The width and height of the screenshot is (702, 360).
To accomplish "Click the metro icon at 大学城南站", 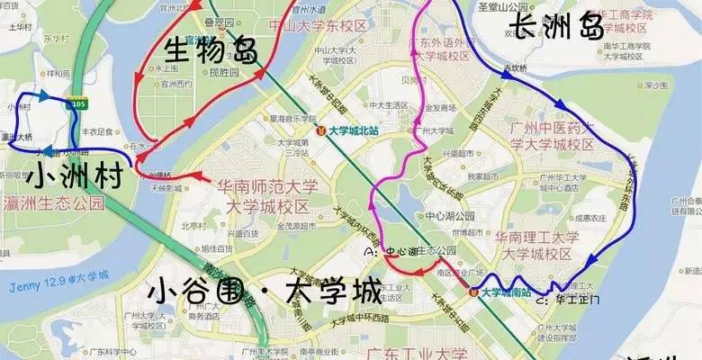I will coord(473,291).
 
